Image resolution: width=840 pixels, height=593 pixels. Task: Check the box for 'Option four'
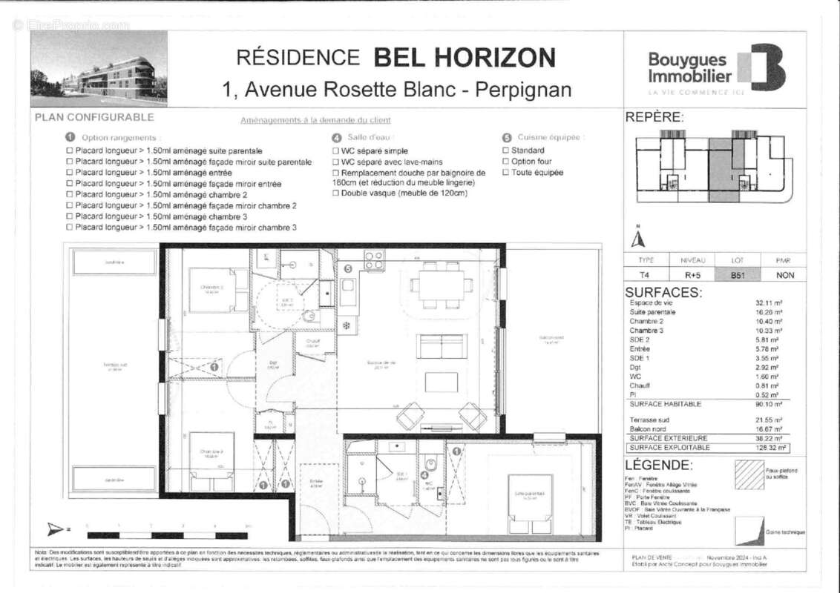pos(506,162)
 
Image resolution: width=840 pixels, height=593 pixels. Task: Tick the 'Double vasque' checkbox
pos(335,193)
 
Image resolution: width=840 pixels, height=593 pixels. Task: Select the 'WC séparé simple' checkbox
pos(335,150)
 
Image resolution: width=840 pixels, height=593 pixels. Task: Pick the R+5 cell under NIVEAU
pos(692,274)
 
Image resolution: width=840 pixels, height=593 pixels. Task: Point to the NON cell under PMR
pos(784,274)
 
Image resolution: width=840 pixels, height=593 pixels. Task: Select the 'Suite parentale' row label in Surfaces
pos(652,312)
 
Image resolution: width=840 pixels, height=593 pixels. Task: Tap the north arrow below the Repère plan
pos(637,239)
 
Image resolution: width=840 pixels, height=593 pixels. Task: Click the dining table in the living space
pos(442,285)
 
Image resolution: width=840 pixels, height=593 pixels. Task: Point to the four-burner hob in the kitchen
pos(374,259)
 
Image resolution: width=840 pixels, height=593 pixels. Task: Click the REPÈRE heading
pos(654,117)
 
